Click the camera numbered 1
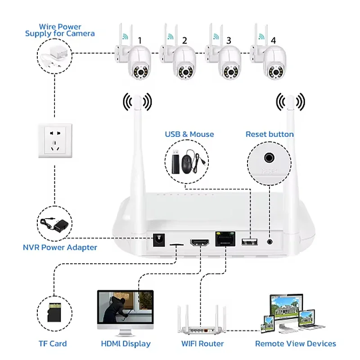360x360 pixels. (137, 63)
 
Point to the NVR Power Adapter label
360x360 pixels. (60, 247)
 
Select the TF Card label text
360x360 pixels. (53, 344)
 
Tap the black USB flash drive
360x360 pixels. (175, 161)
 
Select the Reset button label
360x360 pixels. (270, 134)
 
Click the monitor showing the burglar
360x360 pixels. (125, 311)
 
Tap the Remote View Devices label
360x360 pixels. (295, 344)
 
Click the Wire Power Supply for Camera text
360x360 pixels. (60, 30)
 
